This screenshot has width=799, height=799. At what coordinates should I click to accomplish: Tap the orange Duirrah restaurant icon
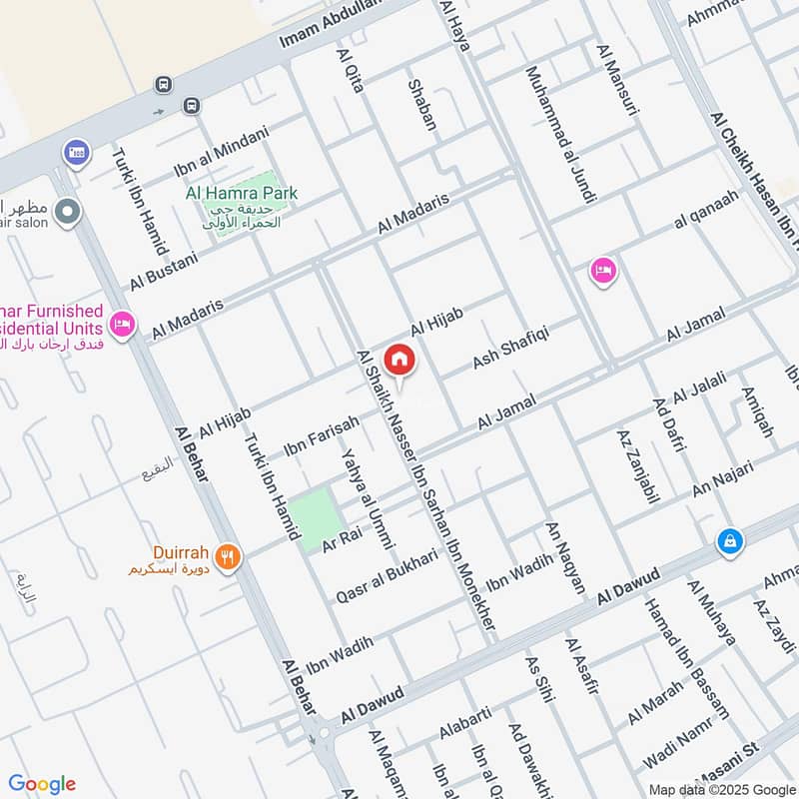(228, 557)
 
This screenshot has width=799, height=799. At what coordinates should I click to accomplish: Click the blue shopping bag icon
(730, 540)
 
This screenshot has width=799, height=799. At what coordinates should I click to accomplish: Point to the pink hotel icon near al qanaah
(602, 270)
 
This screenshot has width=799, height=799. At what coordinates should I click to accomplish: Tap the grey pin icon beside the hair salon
(67, 212)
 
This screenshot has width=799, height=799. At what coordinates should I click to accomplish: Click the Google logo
(42, 784)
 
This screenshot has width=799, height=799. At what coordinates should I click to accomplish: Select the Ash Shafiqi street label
(511, 345)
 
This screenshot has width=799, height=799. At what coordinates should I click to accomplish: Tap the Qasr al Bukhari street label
(388, 571)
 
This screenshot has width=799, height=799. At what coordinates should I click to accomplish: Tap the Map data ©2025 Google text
(721, 788)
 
